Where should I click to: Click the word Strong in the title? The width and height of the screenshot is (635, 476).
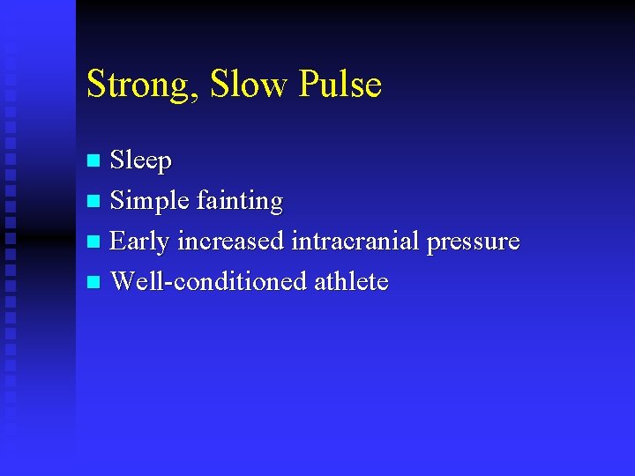tap(144, 86)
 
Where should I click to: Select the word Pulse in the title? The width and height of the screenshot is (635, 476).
tap(340, 84)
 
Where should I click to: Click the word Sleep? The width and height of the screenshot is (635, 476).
tap(141, 161)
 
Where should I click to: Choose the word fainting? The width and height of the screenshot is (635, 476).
tap(239, 201)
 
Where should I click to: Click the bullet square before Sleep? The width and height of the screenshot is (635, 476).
tap(94, 161)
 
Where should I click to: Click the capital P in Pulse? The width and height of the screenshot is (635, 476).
tap(310, 84)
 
